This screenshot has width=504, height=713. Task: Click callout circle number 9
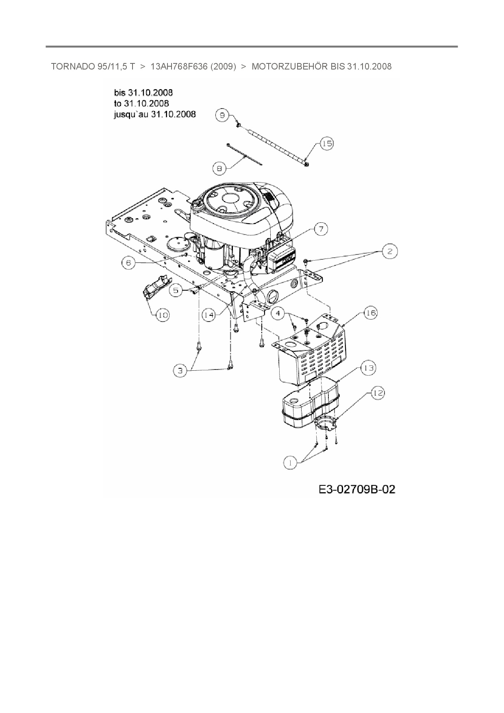(222, 115)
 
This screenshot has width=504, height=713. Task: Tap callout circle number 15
(327, 143)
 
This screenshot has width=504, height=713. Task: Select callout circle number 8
(219, 168)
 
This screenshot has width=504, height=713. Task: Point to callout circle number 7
(321, 229)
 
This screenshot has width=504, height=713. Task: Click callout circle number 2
(390, 251)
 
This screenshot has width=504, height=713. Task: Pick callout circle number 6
(128, 263)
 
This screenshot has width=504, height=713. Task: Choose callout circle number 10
(163, 315)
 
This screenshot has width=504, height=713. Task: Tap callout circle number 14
(209, 315)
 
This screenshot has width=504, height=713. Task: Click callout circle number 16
(370, 313)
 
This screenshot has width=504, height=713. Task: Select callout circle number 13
(368, 368)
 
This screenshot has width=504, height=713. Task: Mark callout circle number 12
(378, 393)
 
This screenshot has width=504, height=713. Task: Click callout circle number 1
(290, 462)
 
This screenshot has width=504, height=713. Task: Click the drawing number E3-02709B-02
(357, 489)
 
